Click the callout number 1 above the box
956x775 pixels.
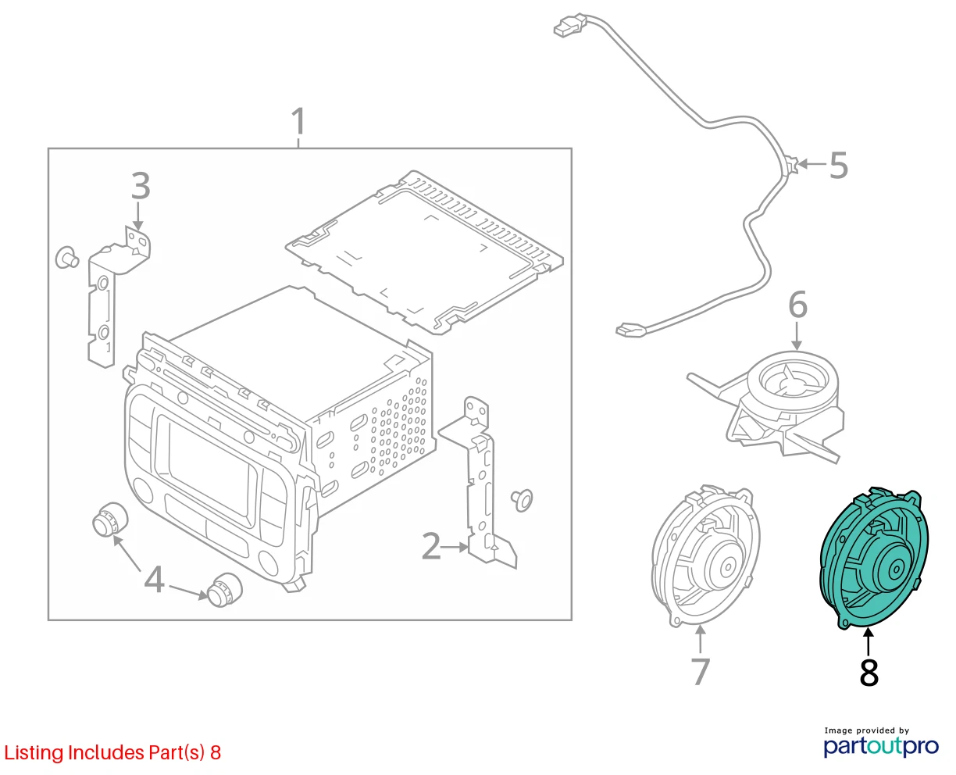(x=298, y=121)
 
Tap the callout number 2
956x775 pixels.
(x=431, y=546)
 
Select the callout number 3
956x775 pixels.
(x=141, y=185)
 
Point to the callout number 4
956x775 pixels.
(x=154, y=579)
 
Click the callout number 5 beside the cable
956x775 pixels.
(x=838, y=165)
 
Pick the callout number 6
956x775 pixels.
(x=797, y=305)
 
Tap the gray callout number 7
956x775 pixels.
(x=700, y=672)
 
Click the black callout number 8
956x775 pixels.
(x=869, y=672)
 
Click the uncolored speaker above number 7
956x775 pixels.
(x=705, y=556)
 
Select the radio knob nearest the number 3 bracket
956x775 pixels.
(x=110, y=520)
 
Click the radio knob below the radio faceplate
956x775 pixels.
(x=224, y=590)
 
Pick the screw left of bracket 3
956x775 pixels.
(x=67, y=258)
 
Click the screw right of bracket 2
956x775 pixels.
(x=522, y=500)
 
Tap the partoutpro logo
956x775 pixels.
(x=880, y=746)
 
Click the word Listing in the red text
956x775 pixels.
(x=34, y=752)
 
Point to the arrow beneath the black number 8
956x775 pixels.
(x=869, y=643)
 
